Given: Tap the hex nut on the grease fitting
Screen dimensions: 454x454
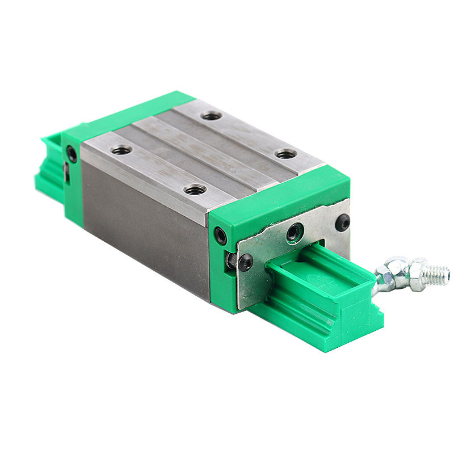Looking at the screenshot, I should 418,272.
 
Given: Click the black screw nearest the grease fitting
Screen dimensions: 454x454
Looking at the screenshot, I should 343,223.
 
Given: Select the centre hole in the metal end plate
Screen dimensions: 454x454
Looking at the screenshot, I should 295,232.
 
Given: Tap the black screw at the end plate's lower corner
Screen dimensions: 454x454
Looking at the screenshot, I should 245,262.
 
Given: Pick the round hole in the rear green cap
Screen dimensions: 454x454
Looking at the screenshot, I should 72,154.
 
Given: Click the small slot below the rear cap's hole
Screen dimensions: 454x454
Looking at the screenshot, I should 67,173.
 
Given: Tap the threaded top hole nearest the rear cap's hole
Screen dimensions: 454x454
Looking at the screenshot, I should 121,150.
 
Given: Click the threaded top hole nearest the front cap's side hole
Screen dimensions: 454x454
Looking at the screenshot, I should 195,189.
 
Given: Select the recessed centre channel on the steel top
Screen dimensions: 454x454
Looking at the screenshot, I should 204,150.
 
